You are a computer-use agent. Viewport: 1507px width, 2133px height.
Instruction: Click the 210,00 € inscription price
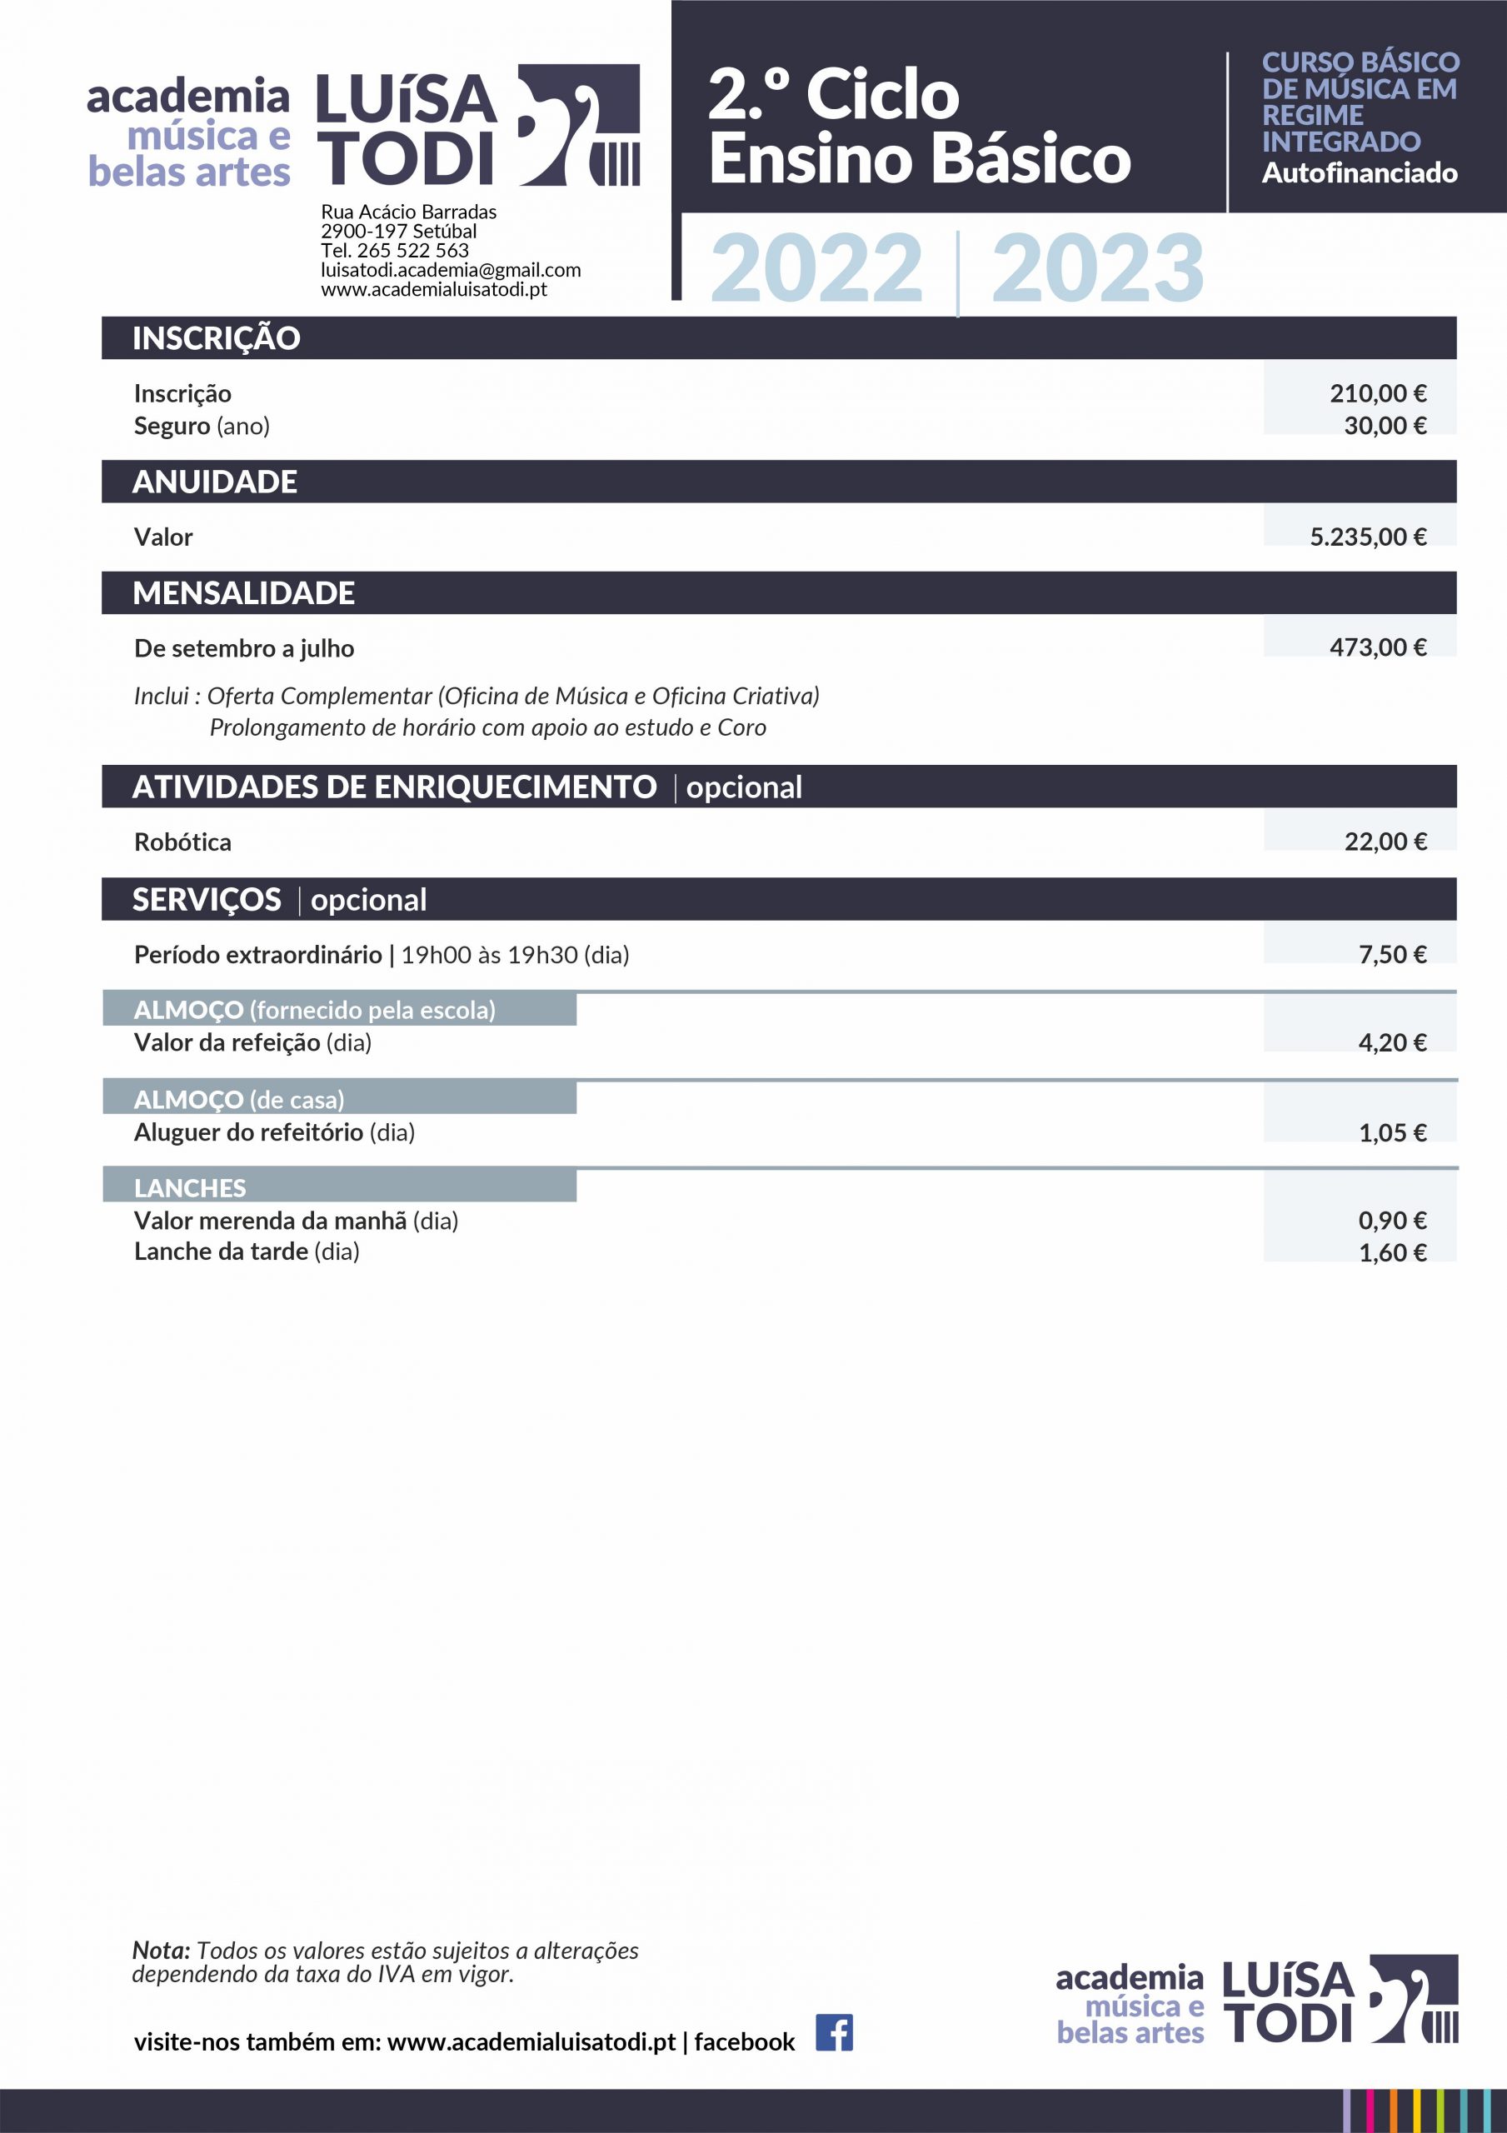1377,393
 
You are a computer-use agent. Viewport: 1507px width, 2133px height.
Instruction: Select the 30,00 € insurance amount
1385,426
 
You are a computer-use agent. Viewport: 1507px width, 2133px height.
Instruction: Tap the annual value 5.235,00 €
1368,537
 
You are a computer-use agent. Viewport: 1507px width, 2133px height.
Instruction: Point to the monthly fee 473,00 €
1377,647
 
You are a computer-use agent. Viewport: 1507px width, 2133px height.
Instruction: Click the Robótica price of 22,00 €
1385,842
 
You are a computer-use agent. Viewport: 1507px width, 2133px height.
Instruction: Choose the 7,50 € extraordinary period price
1392,954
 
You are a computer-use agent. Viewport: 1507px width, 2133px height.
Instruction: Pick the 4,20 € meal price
1392,1042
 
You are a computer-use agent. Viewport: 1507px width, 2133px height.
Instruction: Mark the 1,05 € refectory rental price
1392,1132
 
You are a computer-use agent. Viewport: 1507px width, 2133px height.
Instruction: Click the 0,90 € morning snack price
1392,1220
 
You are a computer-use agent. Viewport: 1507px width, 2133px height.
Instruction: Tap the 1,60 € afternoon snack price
1392,1252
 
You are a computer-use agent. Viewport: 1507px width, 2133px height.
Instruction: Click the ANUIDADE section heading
215,482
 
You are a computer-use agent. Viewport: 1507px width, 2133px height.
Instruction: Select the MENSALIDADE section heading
243,592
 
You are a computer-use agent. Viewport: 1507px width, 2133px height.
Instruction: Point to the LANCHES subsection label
190,1187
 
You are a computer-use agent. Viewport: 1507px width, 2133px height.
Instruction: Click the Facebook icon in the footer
833,2033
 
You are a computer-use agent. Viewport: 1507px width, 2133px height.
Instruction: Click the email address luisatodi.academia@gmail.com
451,270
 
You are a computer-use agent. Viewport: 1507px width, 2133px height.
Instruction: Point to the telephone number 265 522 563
412,251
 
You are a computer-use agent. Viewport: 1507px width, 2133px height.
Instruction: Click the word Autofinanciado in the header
1359,172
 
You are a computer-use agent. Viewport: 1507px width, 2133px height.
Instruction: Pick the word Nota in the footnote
161,1951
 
